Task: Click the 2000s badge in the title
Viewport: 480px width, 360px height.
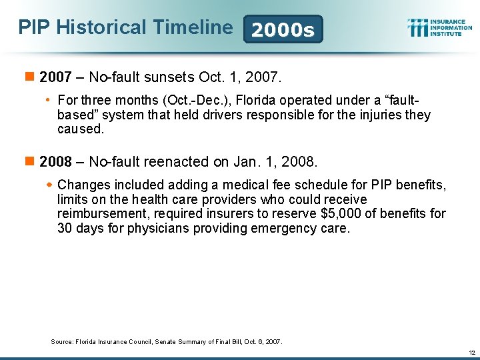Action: [283, 29]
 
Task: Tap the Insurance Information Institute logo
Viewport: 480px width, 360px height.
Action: [439, 27]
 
